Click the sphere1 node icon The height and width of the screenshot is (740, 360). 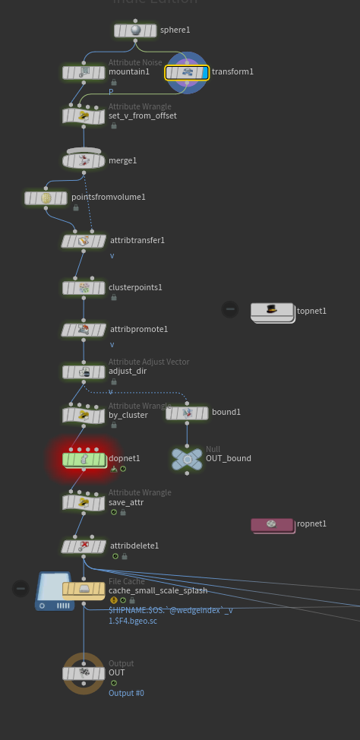click(x=136, y=30)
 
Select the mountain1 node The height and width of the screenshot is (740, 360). click(x=84, y=72)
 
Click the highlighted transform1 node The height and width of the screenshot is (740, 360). click(x=187, y=72)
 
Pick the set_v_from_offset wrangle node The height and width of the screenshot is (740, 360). click(x=84, y=115)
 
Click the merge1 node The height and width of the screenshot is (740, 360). click(x=84, y=160)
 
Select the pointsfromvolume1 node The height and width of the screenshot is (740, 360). click(x=46, y=198)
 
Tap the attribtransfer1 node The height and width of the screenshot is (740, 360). click(x=84, y=241)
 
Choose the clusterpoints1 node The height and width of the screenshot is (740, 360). click(x=84, y=288)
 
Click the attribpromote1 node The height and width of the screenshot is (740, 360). click(x=84, y=330)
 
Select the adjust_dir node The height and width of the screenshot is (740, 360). click(x=84, y=372)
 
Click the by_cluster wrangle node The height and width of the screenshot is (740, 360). click(x=84, y=415)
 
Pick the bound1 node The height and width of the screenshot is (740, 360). click(x=187, y=413)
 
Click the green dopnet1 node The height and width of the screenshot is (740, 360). click(x=84, y=459)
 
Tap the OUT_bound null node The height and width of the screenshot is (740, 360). click(x=187, y=458)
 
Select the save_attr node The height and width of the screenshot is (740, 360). click(x=84, y=502)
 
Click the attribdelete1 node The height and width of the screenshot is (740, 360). click(x=84, y=546)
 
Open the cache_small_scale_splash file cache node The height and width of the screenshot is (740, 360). click(x=84, y=589)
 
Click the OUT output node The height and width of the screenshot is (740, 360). click(x=84, y=672)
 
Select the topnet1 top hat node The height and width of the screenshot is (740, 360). click(x=272, y=311)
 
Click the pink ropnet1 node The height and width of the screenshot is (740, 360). click(x=272, y=524)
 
